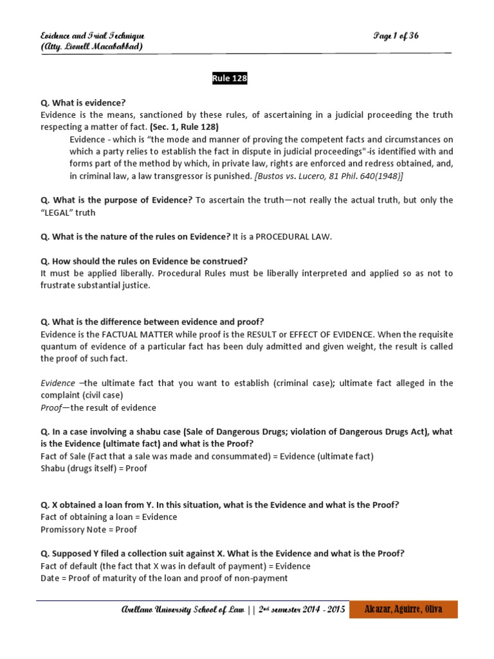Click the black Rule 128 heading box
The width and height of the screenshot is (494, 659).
230,79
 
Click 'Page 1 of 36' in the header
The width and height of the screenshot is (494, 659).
396,35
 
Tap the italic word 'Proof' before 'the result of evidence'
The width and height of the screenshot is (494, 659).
51,407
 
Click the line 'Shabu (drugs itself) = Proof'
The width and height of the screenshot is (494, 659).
94,469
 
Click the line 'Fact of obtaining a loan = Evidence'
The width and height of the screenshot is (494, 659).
109,517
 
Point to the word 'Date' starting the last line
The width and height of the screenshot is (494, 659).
50,578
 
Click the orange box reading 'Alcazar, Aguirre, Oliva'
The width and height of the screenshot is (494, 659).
403,609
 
